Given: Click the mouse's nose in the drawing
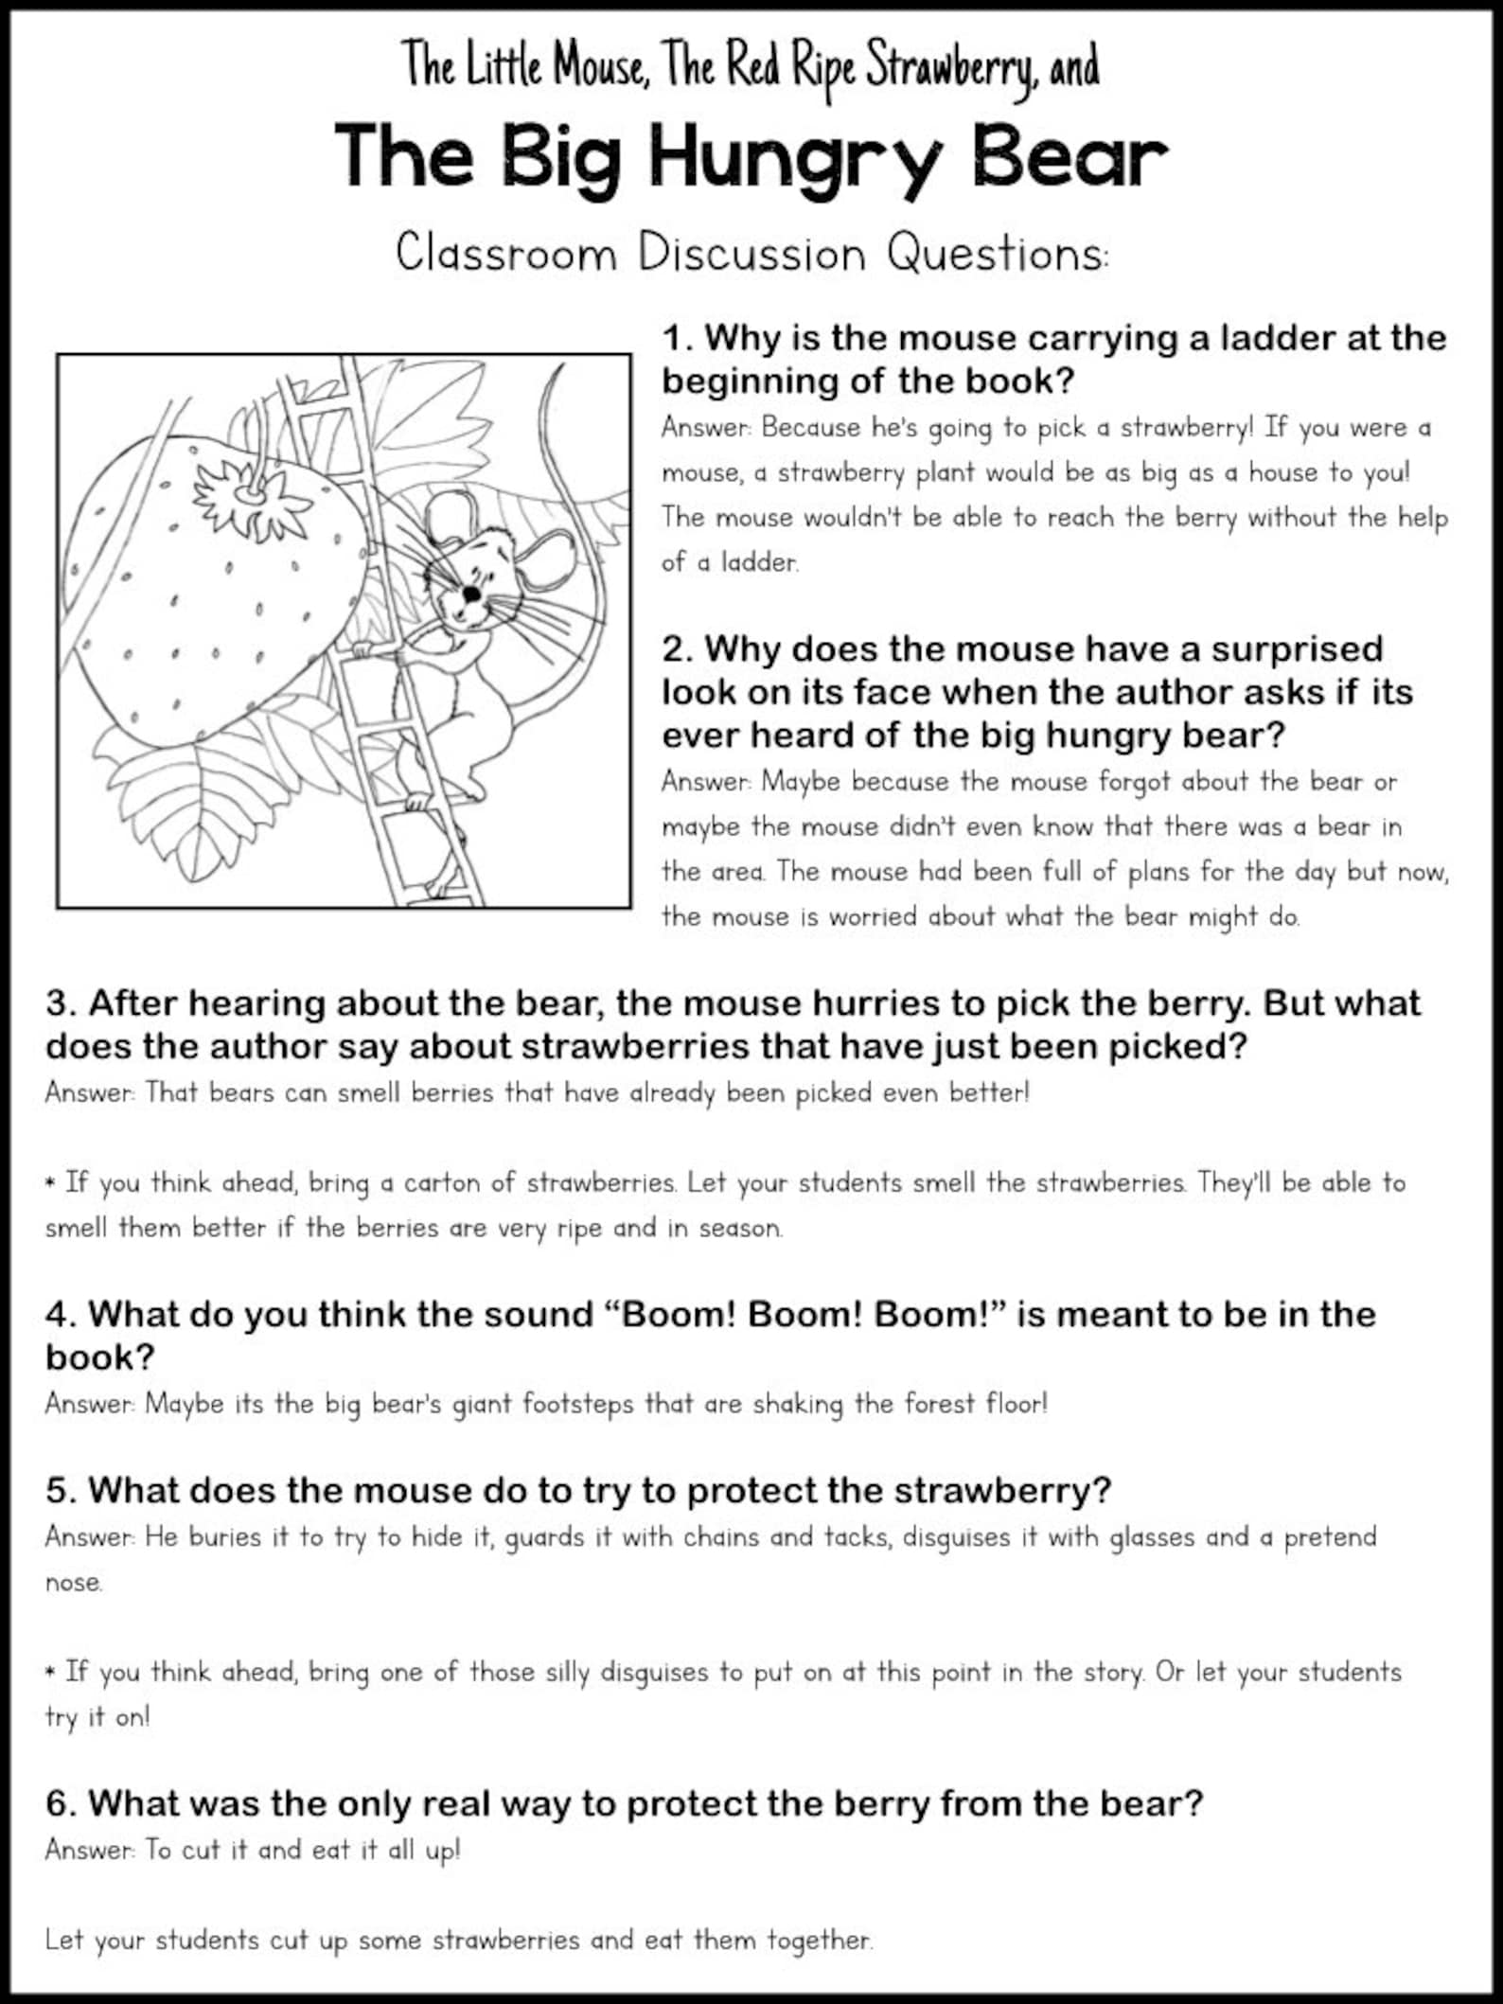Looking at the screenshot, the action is coord(470,594).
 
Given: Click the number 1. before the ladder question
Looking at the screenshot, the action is coord(678,338).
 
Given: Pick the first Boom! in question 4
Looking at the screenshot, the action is coord(677,1315).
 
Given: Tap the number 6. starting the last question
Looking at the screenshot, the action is coord(62,1804).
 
